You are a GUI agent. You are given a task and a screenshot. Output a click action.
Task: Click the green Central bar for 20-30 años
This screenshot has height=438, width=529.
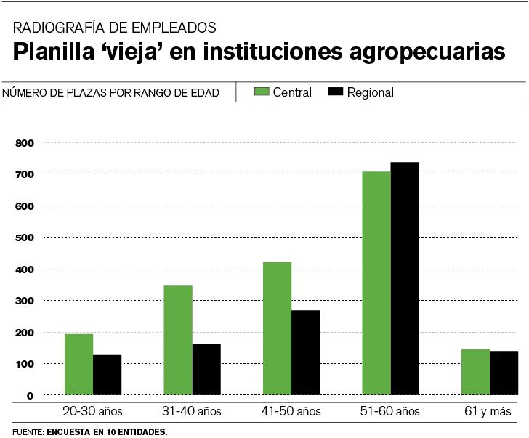[x=78, y=365]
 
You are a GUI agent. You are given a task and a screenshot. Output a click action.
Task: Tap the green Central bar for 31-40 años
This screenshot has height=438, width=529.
[x=178, y=341]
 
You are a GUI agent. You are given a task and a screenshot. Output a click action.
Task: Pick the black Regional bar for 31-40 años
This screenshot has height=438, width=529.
[x=206, y=370]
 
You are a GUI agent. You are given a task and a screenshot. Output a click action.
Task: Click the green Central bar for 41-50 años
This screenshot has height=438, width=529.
[x=277, y=328]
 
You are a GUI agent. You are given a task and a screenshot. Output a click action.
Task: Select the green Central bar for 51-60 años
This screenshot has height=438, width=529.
[x=376, y=283]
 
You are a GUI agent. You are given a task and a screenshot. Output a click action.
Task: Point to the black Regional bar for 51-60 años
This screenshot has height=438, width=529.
[x=405, y=279]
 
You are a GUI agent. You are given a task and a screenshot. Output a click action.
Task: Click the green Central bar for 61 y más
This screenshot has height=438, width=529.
[x=475, y=372]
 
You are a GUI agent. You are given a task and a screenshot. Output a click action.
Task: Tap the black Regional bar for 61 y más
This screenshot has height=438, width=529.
[x=504, y=373]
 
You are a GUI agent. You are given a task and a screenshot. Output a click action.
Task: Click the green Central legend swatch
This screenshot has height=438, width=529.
[x=261, y=92]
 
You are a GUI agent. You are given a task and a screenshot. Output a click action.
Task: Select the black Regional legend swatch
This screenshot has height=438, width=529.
[x=335, y=92]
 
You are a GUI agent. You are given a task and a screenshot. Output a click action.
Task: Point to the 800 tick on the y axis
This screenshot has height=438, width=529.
[x=25, y=143]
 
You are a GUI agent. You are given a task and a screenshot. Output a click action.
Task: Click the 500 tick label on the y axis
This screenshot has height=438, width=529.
[x=25, y=238]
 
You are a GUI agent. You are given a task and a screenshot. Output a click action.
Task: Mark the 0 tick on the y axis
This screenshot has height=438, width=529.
[x=30, y=396]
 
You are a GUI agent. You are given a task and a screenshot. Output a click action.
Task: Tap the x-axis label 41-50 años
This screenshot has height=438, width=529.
[x=291, y=412]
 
